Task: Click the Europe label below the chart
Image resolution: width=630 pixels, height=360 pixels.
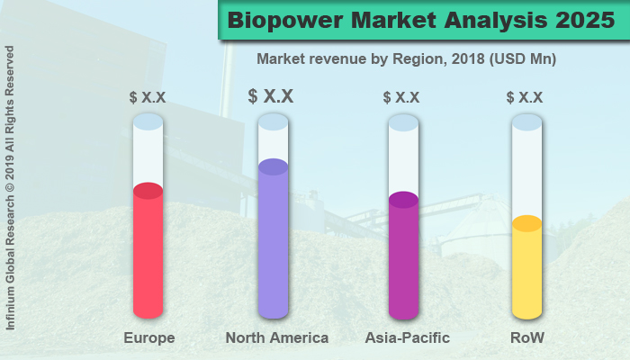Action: point(148,338)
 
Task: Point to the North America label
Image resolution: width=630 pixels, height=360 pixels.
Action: point(276,338)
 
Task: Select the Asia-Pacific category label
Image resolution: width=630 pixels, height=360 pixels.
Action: point(408,338)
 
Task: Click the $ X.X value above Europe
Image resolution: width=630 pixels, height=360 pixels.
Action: point(148,97)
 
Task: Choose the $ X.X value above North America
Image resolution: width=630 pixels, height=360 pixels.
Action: point(271,96)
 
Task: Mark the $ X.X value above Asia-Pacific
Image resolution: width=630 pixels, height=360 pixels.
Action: point(401,97)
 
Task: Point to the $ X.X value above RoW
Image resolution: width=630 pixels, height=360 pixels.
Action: point(525,97)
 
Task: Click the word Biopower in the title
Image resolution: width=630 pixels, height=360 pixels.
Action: point(287,20)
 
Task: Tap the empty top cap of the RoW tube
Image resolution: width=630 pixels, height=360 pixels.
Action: point(526,121)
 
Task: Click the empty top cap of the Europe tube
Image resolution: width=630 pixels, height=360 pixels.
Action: point(148,121)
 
